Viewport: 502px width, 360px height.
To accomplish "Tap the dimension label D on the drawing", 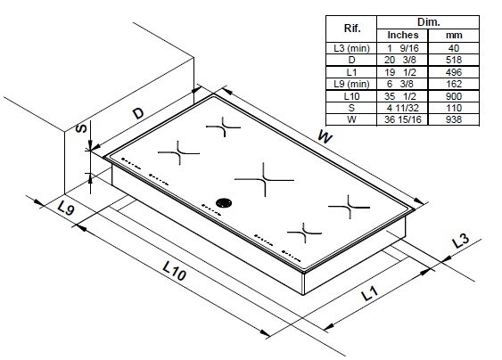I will (x=139, y=114).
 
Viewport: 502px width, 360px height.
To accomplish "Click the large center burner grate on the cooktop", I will (x=265, y=179).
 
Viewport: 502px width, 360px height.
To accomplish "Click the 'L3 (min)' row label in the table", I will (x=354, y=46).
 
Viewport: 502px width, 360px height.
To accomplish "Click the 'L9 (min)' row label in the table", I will (x=354, y=82).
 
